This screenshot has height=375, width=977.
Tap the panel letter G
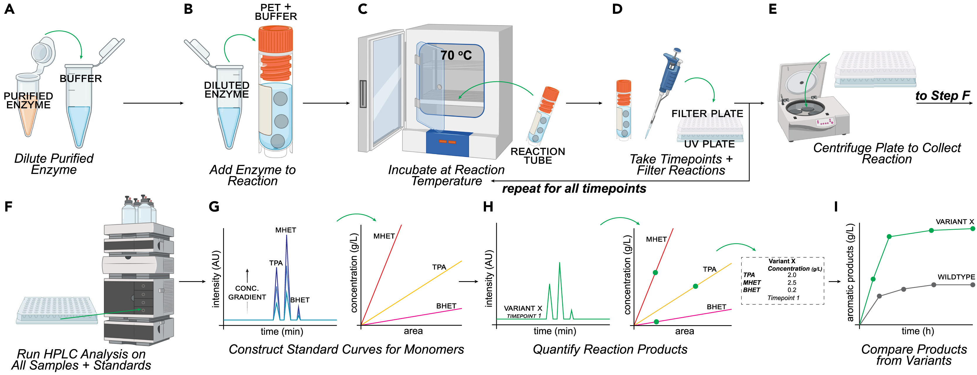(x=214, y=207)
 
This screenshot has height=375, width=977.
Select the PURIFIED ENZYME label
(x=28, y=100)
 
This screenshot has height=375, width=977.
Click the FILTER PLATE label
(x=707, y=114)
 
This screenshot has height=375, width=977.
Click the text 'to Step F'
(x=942, y=96)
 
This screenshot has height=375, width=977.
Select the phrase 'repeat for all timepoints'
(x=574, y=188)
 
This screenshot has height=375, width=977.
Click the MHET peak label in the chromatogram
(x=286, y=230)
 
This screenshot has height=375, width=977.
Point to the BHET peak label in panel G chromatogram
(x=300, y=300)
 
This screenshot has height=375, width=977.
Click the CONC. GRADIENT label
(x=247, y=293)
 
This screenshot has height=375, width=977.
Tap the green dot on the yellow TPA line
(x=695, y=286)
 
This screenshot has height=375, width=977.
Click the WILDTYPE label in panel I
(x=956, y=277)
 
